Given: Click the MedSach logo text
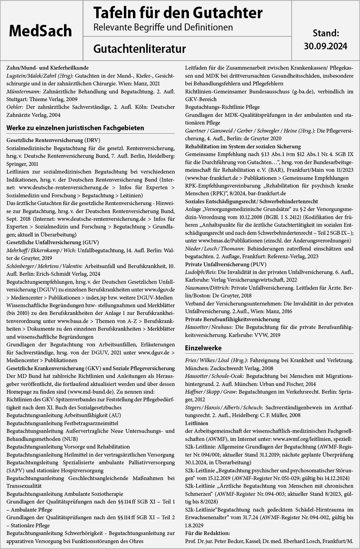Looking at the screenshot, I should (x=40, y=31).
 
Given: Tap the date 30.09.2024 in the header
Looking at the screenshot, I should (x=325, y=46).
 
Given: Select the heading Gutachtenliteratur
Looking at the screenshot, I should (x=139, y=49).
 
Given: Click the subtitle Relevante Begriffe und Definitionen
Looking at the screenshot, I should (x=163, y=27).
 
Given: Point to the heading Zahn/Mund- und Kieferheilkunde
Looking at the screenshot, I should (x=47, y=68).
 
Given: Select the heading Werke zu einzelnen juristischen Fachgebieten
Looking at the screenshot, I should (x=75, y=128).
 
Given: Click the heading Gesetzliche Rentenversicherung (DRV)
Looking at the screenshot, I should (x=53, y=140).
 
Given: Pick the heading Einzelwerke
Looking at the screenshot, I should (x=203, y=348).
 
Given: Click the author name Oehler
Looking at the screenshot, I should (x=15, y=107).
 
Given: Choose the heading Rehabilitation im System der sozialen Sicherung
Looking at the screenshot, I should (x=243, y=147).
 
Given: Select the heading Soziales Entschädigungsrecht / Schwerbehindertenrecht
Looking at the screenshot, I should (x=251, y=201).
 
